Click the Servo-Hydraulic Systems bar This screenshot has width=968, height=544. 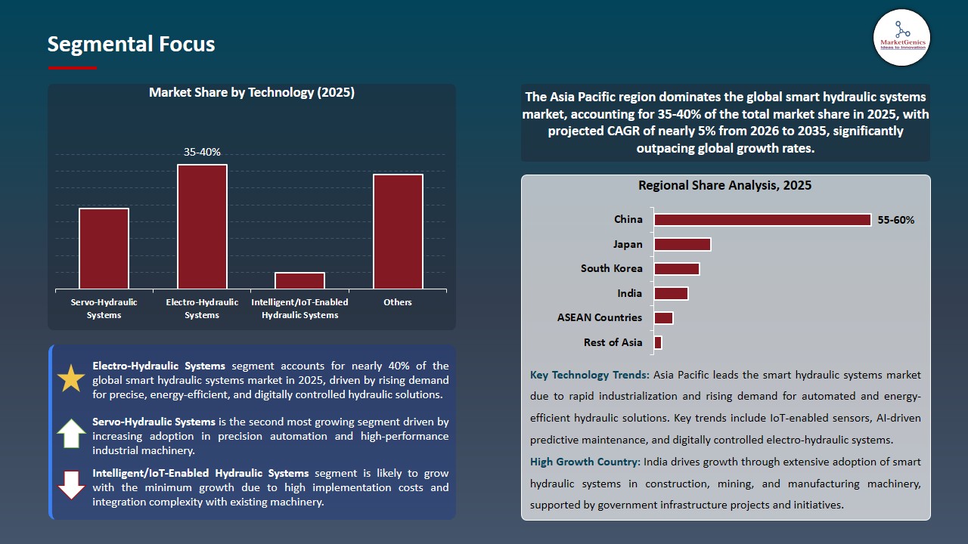click(104, 249)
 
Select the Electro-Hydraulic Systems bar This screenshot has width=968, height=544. click(202, 227)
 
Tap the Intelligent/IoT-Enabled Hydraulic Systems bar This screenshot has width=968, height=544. click(299, 280)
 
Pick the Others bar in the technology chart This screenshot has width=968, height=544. click(398, 231)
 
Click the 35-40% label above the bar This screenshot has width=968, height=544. click(202, 152)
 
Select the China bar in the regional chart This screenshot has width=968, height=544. click(762, 220)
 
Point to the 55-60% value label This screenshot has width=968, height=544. click(896, 221)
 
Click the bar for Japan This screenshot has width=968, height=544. click(682, 244)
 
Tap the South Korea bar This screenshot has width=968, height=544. click(677, 269)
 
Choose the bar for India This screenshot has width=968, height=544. click(671, 293)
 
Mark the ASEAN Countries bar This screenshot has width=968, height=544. click(663, 318)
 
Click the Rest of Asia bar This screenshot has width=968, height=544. click(658, 342)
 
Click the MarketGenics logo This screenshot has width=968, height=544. click(901, 37)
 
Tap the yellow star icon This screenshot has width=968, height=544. click(71, 379)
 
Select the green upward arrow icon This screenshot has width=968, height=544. click(71, 434)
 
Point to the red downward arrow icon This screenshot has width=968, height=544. click(71, 486)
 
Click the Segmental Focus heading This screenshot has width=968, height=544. click(131, 45)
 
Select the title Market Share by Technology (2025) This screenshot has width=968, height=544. click(252, 93)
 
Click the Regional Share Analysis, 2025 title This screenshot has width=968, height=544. click(724, 186)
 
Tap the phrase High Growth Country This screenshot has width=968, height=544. click(585, 462)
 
